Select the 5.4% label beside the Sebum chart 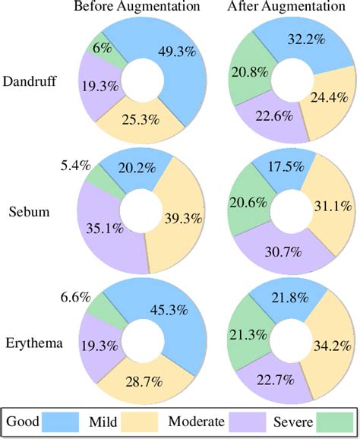tap(76, 164)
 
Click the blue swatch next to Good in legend tap(68, 421)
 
